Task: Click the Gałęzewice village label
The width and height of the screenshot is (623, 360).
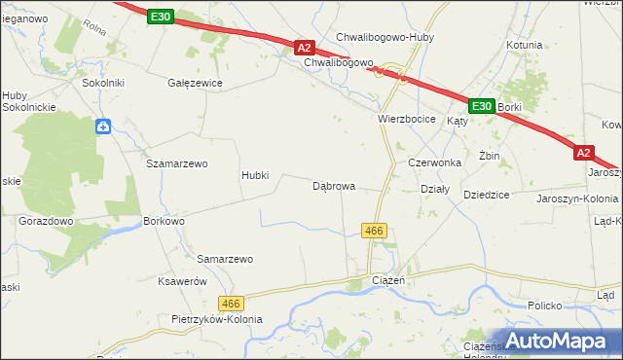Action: pyautogui.click(x=196, y=83)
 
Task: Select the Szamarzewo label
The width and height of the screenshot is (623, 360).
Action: pyautogui.click(x=177, y=163)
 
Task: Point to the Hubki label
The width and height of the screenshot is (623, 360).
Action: pyautogui.click(x=261, y=176)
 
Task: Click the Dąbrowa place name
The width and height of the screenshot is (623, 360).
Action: pyautogui.click(x=333, y=185)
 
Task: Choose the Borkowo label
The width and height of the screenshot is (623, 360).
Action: pyautogui.click(x=164, y=221)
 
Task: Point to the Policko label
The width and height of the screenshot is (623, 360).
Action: pyautogui.click(x=546, y=306)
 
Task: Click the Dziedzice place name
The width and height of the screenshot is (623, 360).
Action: pyautogui.click(x=487, y=195)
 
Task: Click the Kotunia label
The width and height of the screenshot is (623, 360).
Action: pyautogui.click(x=524, y=45)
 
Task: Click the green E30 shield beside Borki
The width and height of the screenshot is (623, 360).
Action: pyautogui.click(x=481, y=105)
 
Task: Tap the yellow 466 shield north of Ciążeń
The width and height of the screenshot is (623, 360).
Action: pyautogui.click(x=375, y=231)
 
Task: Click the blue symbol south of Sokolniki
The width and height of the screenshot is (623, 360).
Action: pyautogui.click(x=103, y=126)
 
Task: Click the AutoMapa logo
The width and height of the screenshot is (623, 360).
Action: pyautogui.click(x=554, y=341)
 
